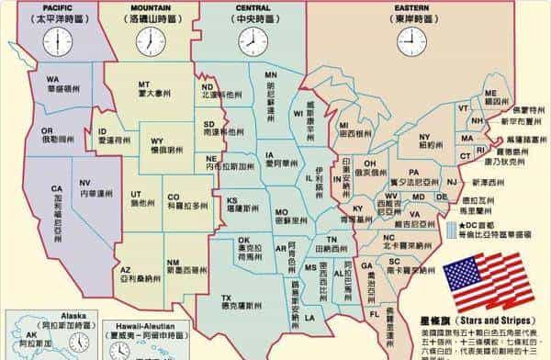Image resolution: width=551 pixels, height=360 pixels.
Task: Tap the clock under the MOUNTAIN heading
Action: (151, 41)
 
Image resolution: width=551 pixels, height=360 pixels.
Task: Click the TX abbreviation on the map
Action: (226, 298)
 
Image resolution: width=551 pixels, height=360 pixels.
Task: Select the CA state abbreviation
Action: (56, 188)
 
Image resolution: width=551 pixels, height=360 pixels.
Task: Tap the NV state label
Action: (85, 183)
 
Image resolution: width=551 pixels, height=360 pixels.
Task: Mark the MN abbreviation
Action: (270, 74)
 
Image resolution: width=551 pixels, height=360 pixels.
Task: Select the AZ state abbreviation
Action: (126, 270)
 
